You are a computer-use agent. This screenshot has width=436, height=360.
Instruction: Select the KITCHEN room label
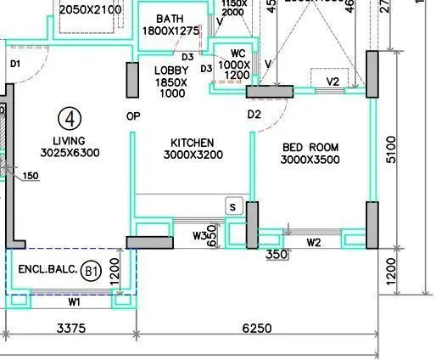(x=192, y=143)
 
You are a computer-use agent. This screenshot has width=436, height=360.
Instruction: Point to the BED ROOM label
(x=310, y=148)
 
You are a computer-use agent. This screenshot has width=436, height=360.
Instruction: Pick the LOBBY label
(x=171, y=70)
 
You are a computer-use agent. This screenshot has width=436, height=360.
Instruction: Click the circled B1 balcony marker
(x=92, y=272)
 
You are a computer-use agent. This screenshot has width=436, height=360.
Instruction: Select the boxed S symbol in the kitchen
(x=233, y=205)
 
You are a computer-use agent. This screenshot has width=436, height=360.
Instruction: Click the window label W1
(x=74, y=301)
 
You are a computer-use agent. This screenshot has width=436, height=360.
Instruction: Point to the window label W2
(x=313, y=243)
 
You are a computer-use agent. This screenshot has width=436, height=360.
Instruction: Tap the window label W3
(x=200, y=235)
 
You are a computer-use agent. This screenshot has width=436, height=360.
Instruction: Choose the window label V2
(x=333, y=82)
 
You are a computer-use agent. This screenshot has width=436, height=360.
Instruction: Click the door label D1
(x=14, y=64)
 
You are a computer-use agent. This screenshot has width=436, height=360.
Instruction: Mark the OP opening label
(x=132, y=115)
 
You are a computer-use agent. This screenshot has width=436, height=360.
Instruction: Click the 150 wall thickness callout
(x=31, y=176)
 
